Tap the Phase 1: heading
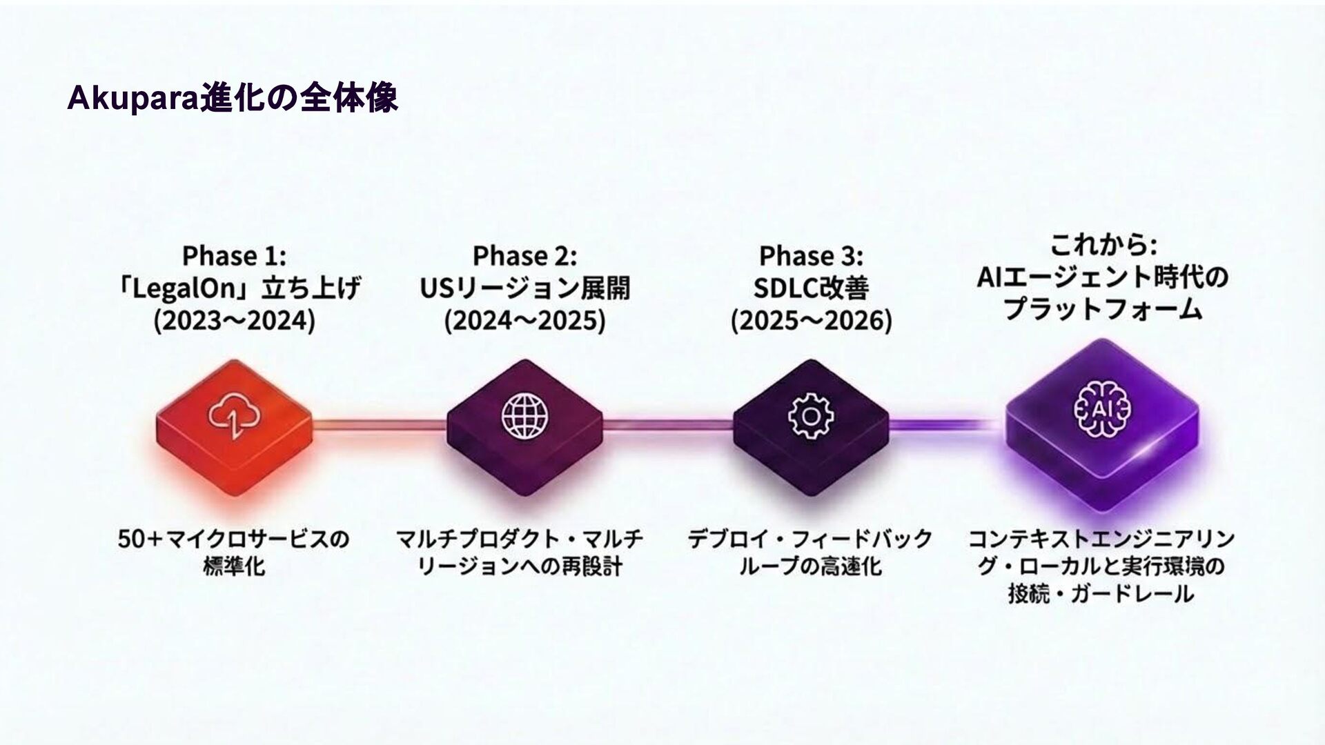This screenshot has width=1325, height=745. point(234,256)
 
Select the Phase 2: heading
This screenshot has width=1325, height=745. point(524,256)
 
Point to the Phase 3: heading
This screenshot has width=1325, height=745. point(811,256)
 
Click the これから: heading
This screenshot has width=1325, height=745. point(1103,245)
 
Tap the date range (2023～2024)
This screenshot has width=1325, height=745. point(234,321)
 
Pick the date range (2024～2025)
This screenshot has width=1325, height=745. point(524,321)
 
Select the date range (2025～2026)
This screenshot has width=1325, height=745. point(811,321)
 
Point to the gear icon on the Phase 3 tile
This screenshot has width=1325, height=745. point(811,415)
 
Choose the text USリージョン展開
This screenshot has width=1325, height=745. point(524,288)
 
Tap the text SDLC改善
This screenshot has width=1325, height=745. point(811,288)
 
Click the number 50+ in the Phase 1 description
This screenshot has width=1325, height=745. point(138,539)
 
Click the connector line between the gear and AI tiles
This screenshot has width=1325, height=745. point(945,424)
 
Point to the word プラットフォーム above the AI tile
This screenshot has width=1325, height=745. point(1103,308)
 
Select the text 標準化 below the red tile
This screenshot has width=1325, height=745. point(234,567)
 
